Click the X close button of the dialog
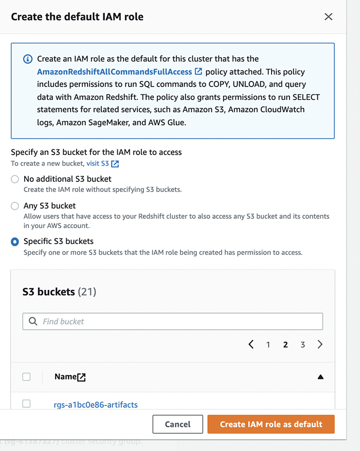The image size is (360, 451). click(329, 16)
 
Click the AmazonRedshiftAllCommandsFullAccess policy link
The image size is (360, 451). click(114, 72)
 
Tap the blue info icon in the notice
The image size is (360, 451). click(28, 59)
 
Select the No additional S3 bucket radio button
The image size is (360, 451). click(15, 179)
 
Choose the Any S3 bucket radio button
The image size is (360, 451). click(15, 206)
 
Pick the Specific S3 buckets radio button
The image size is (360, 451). click(15, 241)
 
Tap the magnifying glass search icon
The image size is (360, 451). click(33, 321)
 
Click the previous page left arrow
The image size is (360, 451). click(251, 344)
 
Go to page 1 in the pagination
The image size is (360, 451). click(268, 345)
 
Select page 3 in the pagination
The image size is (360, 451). click(302, 345)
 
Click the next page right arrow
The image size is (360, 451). click(320, 344)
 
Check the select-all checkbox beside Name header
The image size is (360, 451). click(27, 377)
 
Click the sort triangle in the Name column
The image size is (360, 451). click(320, 377)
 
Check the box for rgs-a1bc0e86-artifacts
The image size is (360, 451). click(27, 404)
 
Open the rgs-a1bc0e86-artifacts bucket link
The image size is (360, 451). click(96, 405)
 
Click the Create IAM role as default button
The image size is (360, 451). click(271, 424)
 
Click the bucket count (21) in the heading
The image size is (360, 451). click(87, 292)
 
